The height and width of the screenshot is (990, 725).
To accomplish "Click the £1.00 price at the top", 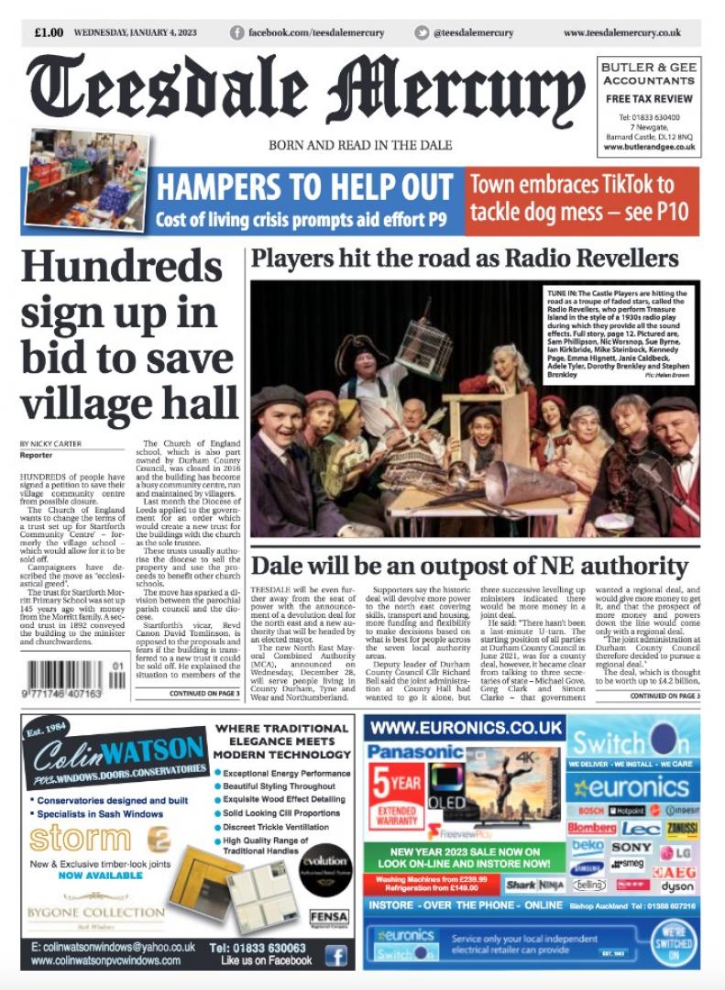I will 49,33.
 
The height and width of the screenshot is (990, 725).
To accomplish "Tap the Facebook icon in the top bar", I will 237,33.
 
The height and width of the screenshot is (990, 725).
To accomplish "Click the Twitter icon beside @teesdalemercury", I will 422,33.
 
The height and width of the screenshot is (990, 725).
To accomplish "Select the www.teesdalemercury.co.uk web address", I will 621,33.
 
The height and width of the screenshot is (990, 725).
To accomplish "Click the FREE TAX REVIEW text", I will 649,98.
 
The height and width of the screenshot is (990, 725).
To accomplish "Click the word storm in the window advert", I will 79,838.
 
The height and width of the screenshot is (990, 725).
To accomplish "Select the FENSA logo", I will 328,916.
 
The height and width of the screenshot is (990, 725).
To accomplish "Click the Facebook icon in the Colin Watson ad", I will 336,955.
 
